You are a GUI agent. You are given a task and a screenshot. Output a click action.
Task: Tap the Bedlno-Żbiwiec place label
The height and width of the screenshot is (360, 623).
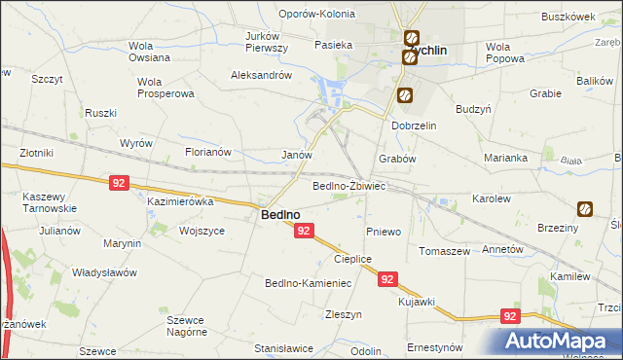349,185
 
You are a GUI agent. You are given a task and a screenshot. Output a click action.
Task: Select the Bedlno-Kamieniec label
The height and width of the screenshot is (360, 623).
308,283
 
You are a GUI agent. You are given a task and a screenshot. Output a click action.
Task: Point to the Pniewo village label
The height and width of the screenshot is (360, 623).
384,232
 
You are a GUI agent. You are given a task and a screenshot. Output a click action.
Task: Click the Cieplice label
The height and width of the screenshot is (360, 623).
353,259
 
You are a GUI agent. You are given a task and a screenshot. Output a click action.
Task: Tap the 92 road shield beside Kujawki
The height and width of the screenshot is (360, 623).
388,279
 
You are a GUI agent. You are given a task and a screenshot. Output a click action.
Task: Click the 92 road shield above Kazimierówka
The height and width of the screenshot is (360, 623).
119,182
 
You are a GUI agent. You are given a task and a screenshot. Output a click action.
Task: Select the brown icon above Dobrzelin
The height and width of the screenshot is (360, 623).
404,96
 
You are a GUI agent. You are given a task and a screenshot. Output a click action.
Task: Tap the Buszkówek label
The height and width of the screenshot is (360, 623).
568,17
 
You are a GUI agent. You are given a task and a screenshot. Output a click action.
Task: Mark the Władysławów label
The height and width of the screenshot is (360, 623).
104,272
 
